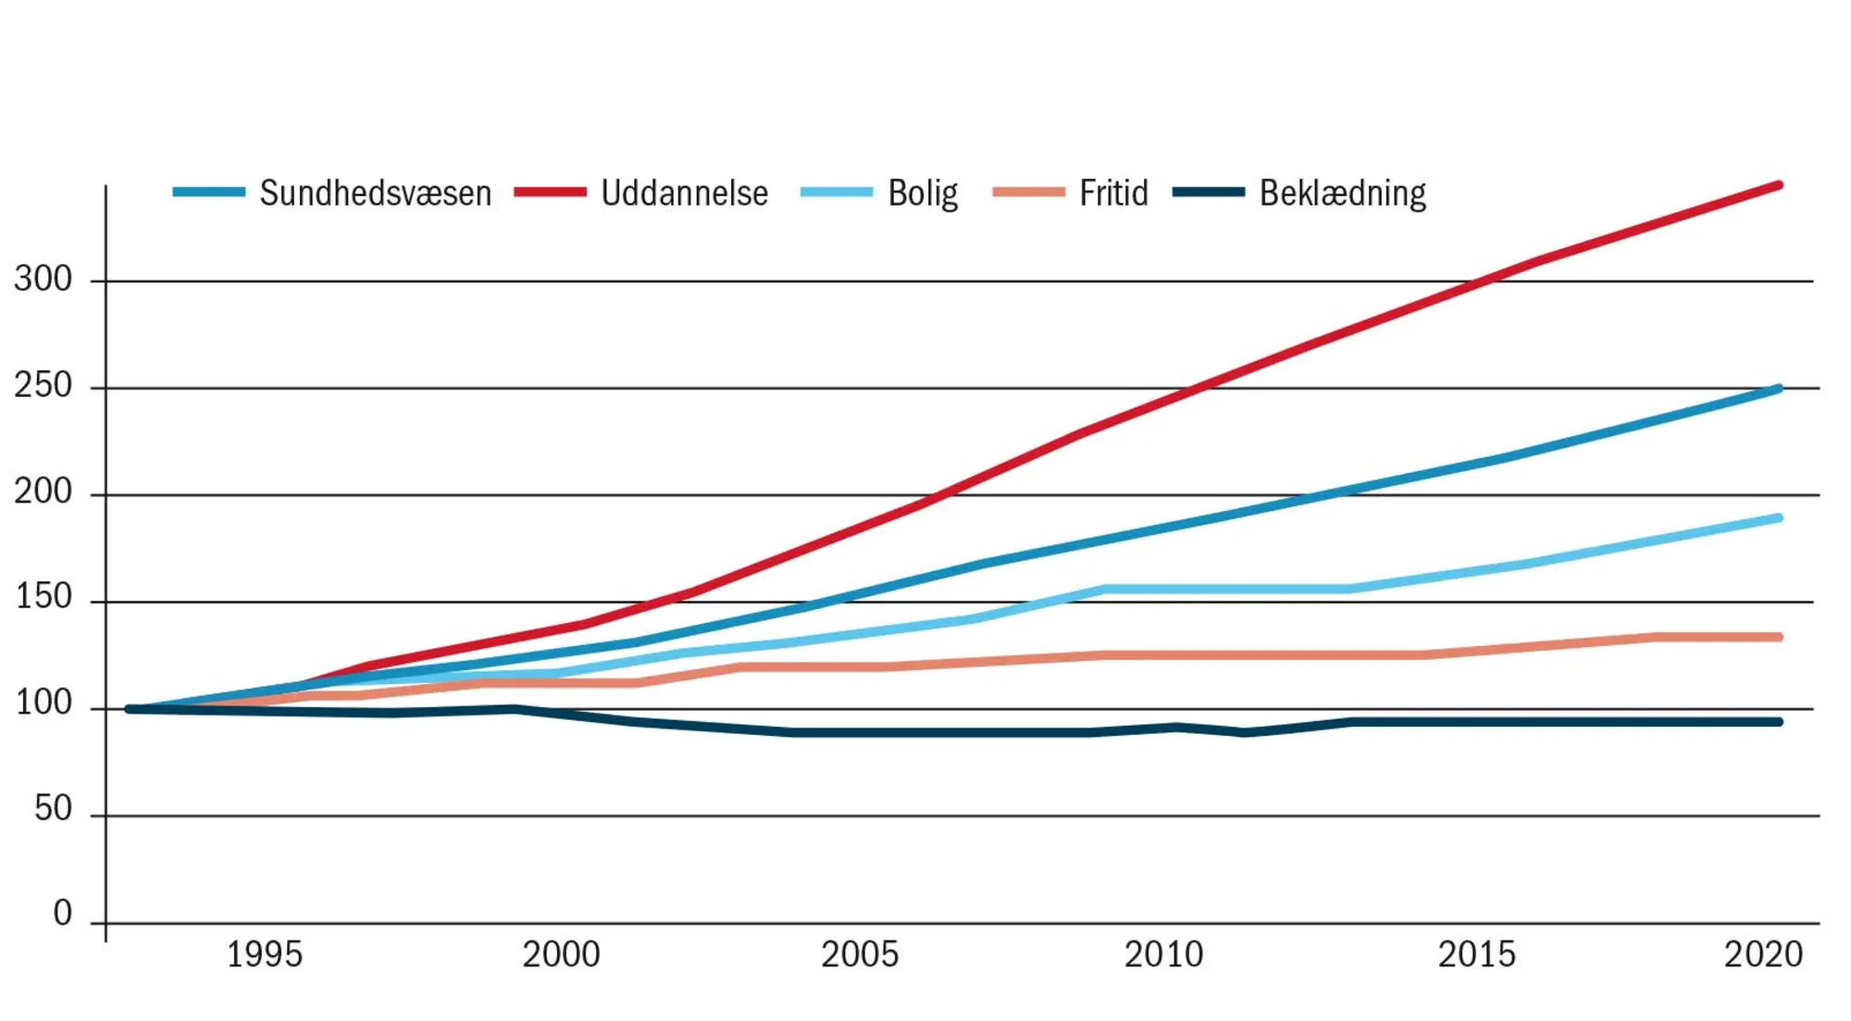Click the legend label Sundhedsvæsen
click(375, 193)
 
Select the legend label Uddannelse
click(684, 193)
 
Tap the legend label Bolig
click(922, 193)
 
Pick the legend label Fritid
click(1112, 193)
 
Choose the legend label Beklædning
click(1342, 193)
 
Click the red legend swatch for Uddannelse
click(550, 193)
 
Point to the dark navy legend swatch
click(1208, 193)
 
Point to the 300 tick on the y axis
click(43, 279)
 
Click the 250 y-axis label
click(43, 385)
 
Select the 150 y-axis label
click(43, 597)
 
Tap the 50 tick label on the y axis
click(53, 809)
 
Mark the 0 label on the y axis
click(62, 914)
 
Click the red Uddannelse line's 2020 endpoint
click(1778, 186)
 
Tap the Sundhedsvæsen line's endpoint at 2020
click(1778, 389)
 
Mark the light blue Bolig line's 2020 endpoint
click(1778, 518)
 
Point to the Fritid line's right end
click(1778, 637)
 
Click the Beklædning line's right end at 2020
click(1778, 722)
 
